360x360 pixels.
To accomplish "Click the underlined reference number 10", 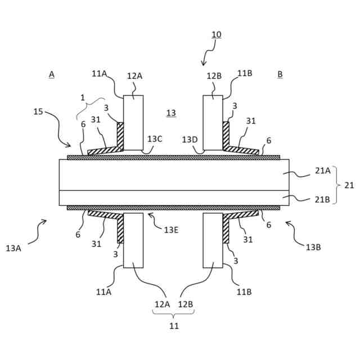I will [217, 35].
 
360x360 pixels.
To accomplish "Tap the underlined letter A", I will [52, 74].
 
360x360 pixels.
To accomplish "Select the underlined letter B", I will [280, 74].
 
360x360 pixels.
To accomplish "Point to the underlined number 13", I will [171, 113].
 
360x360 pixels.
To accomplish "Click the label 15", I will [38, 111].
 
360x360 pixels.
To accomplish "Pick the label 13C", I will [155, 138].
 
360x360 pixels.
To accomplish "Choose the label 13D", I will [190, 138].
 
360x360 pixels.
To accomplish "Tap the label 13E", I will [171, 229].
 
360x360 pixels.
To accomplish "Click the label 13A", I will [14, 247].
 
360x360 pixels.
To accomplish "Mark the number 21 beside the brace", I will [349, 185].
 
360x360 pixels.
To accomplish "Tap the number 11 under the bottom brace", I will [174, 325].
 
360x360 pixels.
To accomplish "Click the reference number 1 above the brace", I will [82, 97].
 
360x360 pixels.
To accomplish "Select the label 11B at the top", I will [245, 73].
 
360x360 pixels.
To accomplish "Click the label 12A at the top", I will [134, 75].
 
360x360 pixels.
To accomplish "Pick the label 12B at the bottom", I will [186, 304].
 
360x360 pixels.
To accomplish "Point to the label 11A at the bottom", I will [103, 291].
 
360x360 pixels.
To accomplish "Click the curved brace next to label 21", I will [336, 184].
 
